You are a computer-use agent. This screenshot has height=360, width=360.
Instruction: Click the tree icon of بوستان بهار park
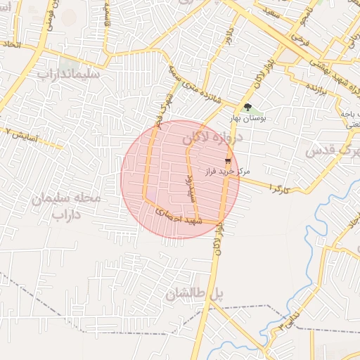pyautogui.click(x=247, y=107)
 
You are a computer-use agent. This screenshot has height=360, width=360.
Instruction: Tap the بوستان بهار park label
pyautogui.click(x=247, y=120)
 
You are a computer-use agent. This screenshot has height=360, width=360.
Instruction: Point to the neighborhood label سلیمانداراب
pyautogui.click(x=68, y=73)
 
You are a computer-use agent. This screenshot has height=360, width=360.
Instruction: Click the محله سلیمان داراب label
pyautogui.click(x=66, y=206)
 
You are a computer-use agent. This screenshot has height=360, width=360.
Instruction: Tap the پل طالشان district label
pyautogui.click(x=195, y=295)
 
